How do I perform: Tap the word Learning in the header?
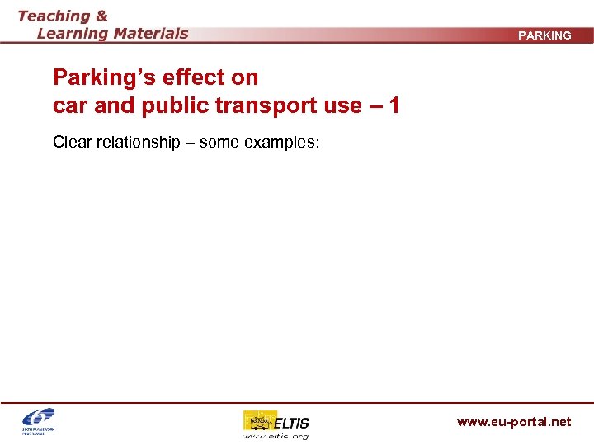[x=72, y=34]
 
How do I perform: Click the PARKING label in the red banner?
[x=544, y=35]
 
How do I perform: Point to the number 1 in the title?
[x=394, y=105]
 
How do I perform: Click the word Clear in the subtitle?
[x=72, y=142]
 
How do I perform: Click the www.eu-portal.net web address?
[x=514, y=422]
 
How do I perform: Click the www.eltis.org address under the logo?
[x=276, y=436]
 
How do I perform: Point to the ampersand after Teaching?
[x=100, y=16]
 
